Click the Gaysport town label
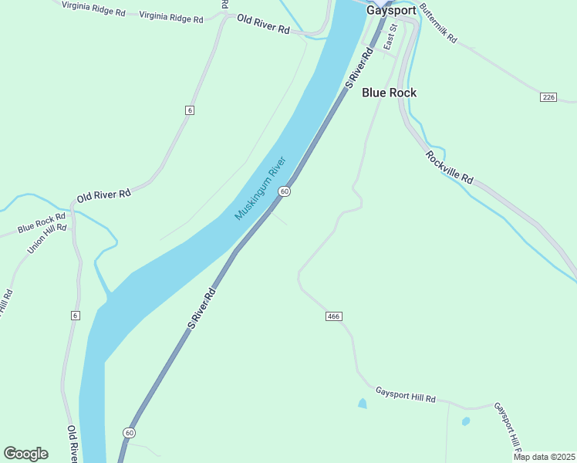[x=391, y=11]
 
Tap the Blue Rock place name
[x=389, y=93]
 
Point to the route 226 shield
[x=548, y=97]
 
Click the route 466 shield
[x=333, y=316]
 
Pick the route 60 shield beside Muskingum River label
[x=285, y=191]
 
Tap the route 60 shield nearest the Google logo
[x=129, y=432]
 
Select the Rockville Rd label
[x=448, y=166]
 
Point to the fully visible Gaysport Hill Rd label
[x=406, y=396]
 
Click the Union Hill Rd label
[x=47, y=238]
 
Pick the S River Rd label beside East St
[x=359, y=67]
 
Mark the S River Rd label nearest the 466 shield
[x=200, y=309]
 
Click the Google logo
[x=26, y=453]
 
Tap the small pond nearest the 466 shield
[x=362, y=403]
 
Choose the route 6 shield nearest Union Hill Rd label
[x=75, y=316]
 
